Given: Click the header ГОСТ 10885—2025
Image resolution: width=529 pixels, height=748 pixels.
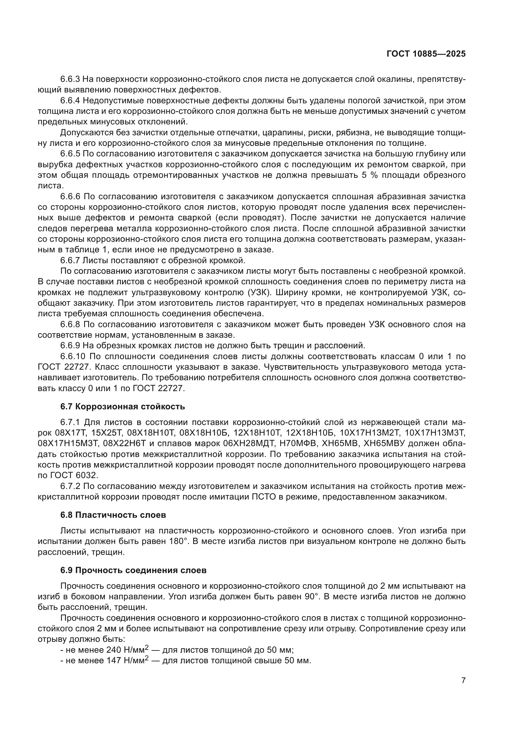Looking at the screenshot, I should point(426,54).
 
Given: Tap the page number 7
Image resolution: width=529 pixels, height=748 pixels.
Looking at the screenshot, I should point(463,681).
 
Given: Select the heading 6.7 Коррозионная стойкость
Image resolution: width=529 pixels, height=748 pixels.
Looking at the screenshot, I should point(122,406).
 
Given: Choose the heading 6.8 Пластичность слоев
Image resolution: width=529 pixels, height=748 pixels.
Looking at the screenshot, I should point(113,515).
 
